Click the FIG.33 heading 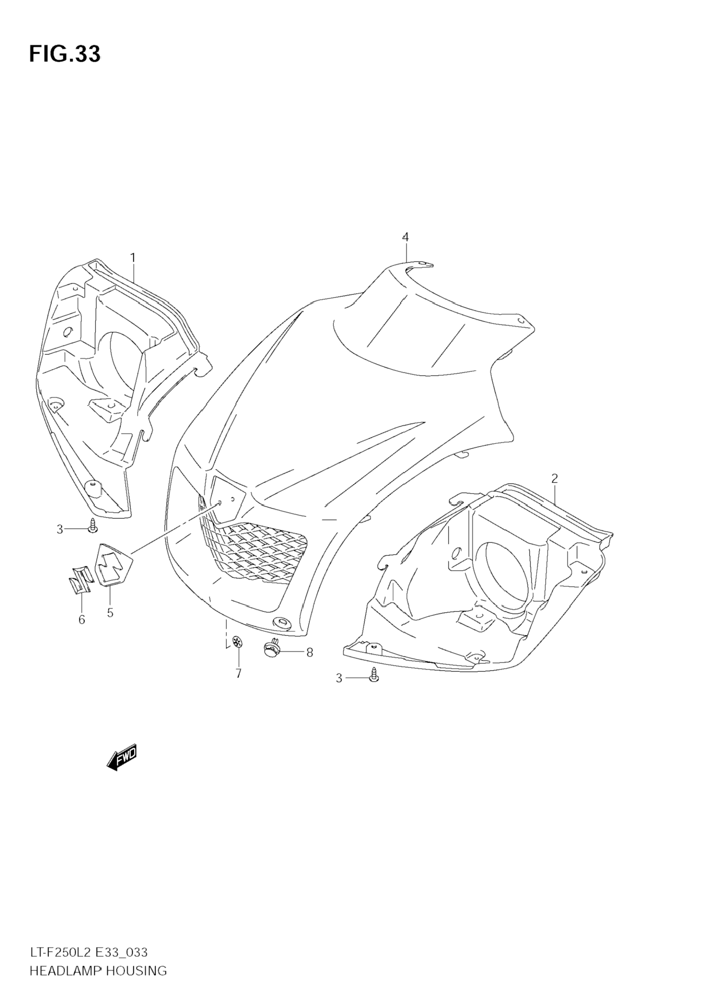point(65,54)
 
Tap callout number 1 point(133,258)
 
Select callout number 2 point(554,479)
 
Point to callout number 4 point(406,237)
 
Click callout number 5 point(110,613)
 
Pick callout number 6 point(82,620)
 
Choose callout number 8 point(310,652)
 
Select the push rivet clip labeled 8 point(272,650)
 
